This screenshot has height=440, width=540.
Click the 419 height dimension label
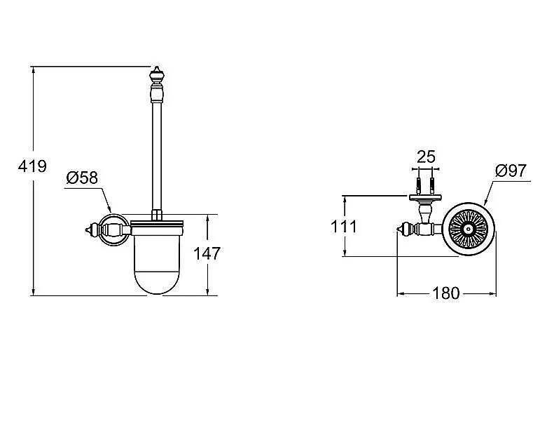[32, 166]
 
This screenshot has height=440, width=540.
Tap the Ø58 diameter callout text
[82, 178]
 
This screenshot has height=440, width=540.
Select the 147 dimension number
[207, 253]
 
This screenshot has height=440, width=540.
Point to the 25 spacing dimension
[426, 157]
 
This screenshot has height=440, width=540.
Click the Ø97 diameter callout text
[511, 171]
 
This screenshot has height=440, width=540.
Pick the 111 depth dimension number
[344, 227]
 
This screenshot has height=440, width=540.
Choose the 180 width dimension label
[446, 293]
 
